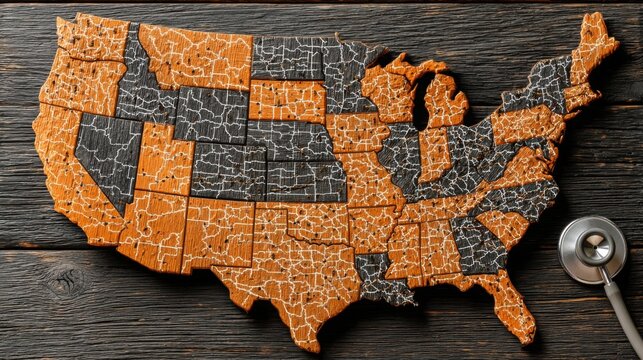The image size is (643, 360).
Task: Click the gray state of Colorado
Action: [228, 170]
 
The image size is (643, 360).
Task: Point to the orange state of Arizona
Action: [150, 228]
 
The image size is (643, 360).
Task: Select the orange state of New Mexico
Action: [217, 234]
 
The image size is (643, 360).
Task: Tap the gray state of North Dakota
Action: [287, 58]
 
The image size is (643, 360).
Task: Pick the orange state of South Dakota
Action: [288, 101]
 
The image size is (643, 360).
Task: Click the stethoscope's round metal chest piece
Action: [593, 248]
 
